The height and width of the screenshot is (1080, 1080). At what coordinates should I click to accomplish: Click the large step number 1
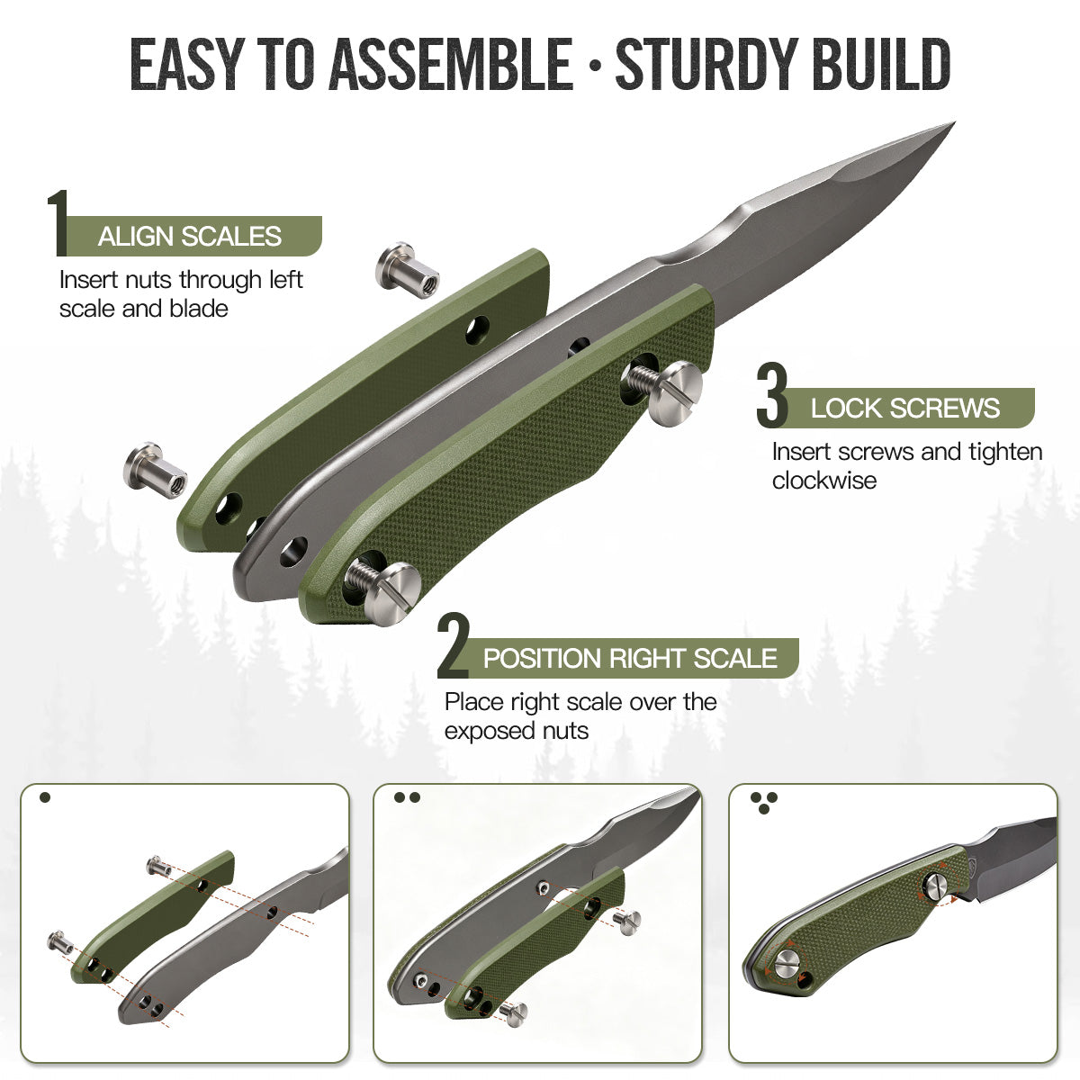click(x=58, y=223)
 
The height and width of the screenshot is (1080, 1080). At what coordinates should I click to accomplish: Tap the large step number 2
click(x=453, y=645)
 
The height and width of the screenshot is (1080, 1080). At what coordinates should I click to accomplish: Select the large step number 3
click(x=772, y=395)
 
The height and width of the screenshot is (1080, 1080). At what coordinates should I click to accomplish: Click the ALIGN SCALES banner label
click(x=189, y=237)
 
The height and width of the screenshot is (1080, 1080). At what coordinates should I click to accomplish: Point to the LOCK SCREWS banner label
click(x=904, y=408)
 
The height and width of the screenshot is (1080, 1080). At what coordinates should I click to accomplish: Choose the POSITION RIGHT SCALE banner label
click(x=630, y=658)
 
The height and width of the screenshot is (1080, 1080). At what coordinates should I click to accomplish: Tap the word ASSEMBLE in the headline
click(x=451, y=63)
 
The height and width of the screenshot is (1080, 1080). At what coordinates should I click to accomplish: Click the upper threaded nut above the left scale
click(x=408, y=266)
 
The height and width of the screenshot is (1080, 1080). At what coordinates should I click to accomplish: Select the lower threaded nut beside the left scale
click(x=155, y=470)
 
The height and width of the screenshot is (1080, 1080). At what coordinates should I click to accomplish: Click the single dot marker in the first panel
click(x=45, y=797)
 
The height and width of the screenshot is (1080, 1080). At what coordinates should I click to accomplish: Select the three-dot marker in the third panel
click(x=763, y=803)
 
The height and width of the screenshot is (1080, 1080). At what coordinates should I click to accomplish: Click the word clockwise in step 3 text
click(x=823, y=481)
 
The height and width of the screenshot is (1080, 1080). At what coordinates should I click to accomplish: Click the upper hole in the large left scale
click(x=478, y=330)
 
